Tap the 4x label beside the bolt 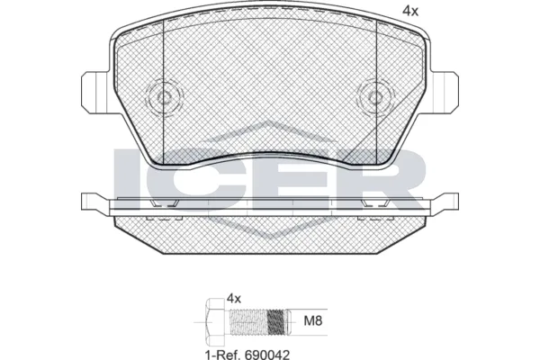tap(235, 297)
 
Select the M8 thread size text tap(310, 318)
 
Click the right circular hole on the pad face tap(372, 98)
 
